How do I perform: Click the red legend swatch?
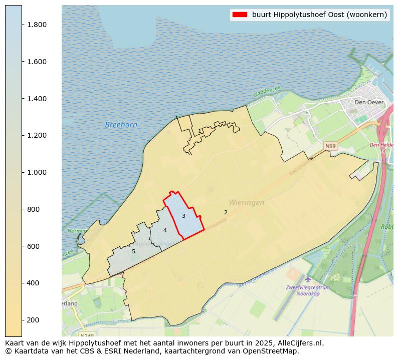point(240,15)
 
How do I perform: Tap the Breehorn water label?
point(121,125)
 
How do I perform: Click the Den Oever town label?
point(369,102)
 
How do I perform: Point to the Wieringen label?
point(246,203)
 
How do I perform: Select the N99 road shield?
point(330,146)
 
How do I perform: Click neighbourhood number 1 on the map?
point(200,131)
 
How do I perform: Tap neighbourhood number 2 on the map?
point(226,212)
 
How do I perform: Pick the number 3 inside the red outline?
point(183,216)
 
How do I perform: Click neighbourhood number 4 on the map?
point(165,230)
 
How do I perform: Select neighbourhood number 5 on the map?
point(133,251)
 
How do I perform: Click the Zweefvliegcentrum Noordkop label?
point(308,290)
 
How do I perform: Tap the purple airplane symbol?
point(308,278)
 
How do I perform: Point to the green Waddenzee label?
point(266,93)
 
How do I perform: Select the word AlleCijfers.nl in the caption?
point(299,343)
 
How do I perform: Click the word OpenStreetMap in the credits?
point(272,351)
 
